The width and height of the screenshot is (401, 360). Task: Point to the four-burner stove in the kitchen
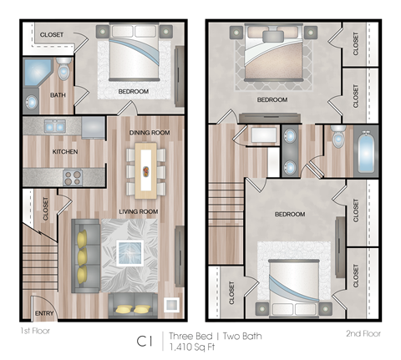[71, 177]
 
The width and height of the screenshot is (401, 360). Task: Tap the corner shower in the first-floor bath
[36, 72]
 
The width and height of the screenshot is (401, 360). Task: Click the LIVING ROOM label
[138, 212]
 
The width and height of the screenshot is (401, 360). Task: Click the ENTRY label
[43, 314]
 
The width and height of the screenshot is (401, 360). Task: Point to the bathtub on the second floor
[367, 151]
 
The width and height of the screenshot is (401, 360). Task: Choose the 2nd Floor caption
[363, 333]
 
